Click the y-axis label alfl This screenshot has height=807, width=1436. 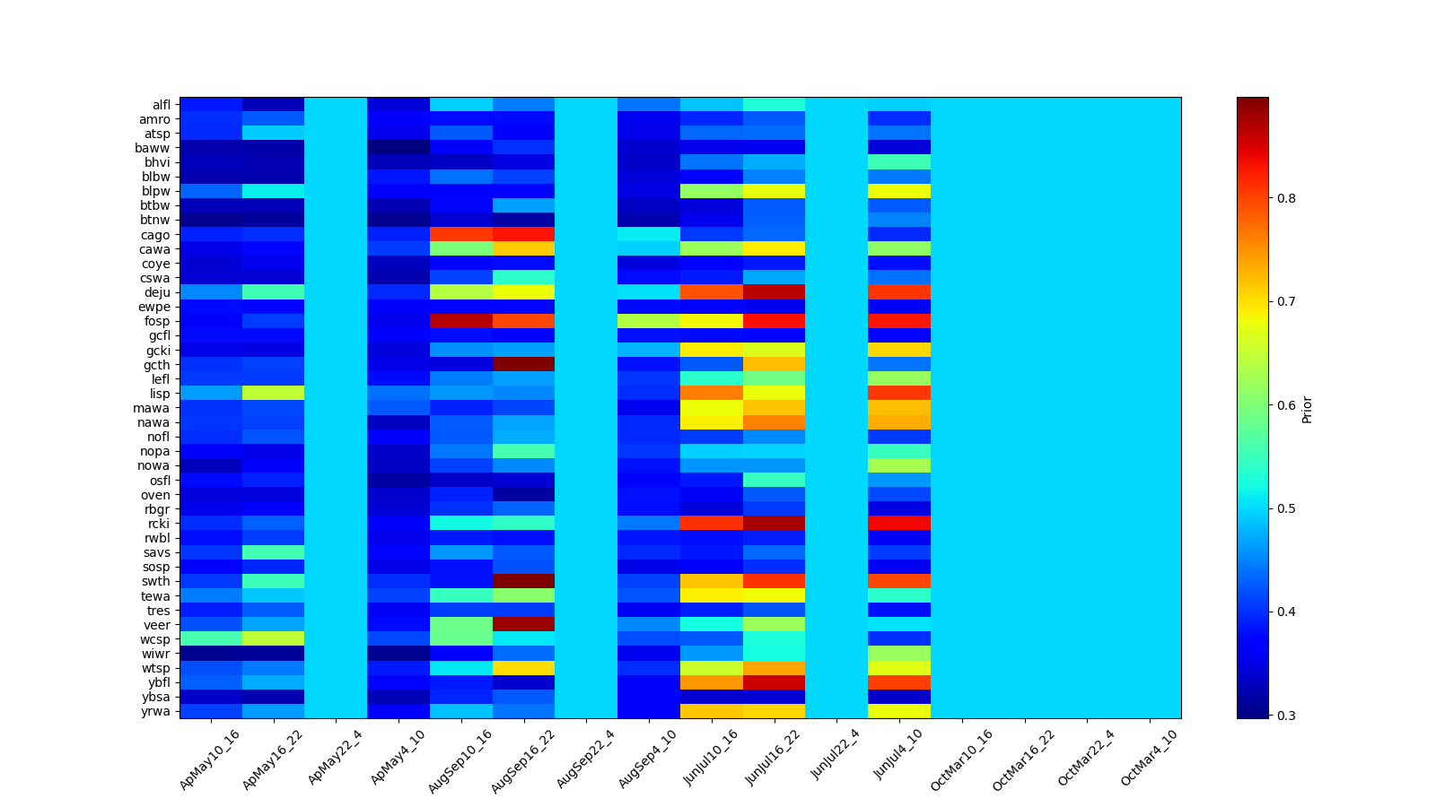pos(162,105)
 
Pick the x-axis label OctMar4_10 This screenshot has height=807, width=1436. pos(1149,759)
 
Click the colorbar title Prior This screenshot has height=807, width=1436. pos(1307,408)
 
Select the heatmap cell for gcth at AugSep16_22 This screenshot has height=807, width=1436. pos(524,364)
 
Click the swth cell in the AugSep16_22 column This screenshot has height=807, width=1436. pos(524,581)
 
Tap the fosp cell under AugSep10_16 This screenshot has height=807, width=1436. pos(461,321)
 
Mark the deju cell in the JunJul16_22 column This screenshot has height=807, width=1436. pos(775,292)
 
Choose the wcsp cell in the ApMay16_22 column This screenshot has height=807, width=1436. pos(274,638)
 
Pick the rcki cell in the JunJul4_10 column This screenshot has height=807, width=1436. pos(899,524)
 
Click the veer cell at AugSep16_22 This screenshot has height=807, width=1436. pos(524,624)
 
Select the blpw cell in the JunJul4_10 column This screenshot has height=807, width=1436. pos(899,191)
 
